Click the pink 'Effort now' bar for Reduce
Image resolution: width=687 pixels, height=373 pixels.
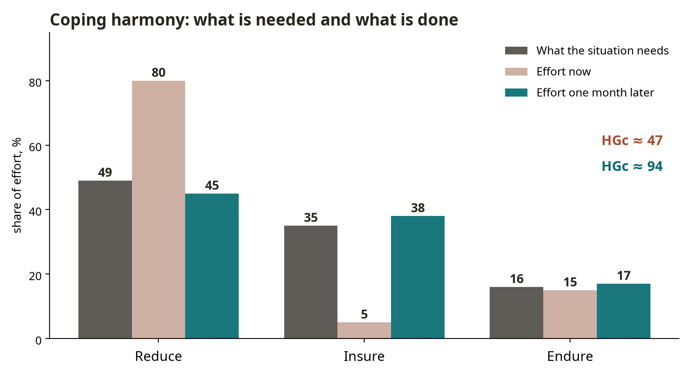tap(159, 209)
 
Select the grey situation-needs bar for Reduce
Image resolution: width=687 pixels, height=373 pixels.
tap(105, 259)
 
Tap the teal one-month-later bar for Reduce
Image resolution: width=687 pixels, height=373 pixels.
tap(212, 266)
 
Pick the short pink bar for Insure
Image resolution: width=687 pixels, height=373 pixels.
tap(364, 330)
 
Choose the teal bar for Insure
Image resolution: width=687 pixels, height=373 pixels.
tap(418, 277)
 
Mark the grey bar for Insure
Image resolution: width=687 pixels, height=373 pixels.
tap(311, 282)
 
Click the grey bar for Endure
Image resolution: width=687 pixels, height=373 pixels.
tap(516, 313)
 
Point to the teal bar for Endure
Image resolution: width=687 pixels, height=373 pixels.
tap(624, 311)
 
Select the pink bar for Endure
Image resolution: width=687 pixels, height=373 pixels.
tap(570, 314)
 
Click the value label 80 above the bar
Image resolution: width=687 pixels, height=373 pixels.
tap(159, 73)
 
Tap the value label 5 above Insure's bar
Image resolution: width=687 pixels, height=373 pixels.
tap(364, 315)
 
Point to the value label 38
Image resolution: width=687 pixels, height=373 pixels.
tap(418, 208)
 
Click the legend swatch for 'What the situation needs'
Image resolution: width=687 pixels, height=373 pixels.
tap(516, 51)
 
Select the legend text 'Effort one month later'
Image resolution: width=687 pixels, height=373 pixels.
tap(595, 93)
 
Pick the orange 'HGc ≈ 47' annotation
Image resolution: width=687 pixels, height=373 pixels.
tap(632, 141)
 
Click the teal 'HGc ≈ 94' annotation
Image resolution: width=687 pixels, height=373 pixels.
tap(632, 166)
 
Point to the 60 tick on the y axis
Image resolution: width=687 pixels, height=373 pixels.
tap(35, 147)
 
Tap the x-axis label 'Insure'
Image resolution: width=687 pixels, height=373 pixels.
tap(364, 356)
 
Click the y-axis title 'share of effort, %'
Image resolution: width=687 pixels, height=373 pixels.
tap(17, 185)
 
